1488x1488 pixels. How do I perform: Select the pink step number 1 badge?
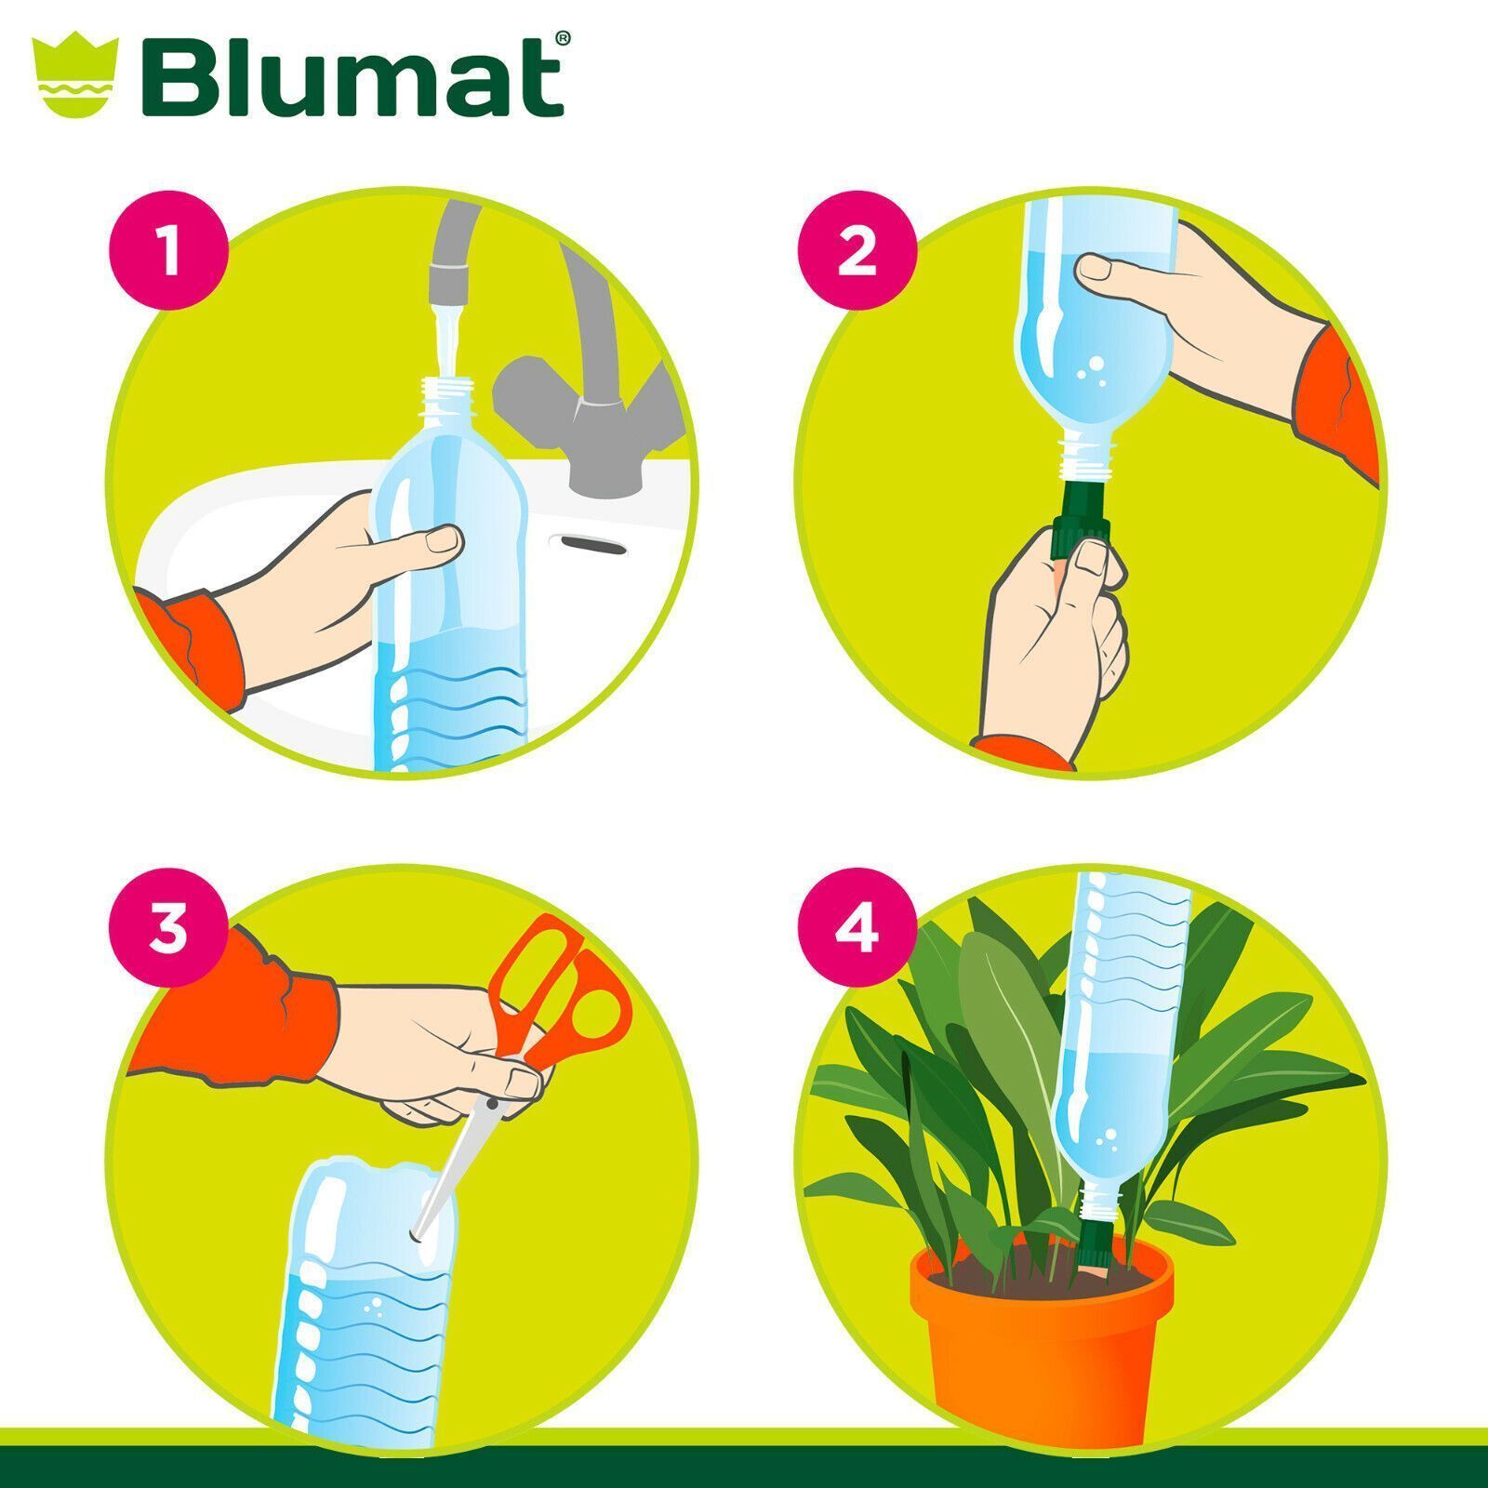168,252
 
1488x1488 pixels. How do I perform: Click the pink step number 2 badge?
857,252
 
